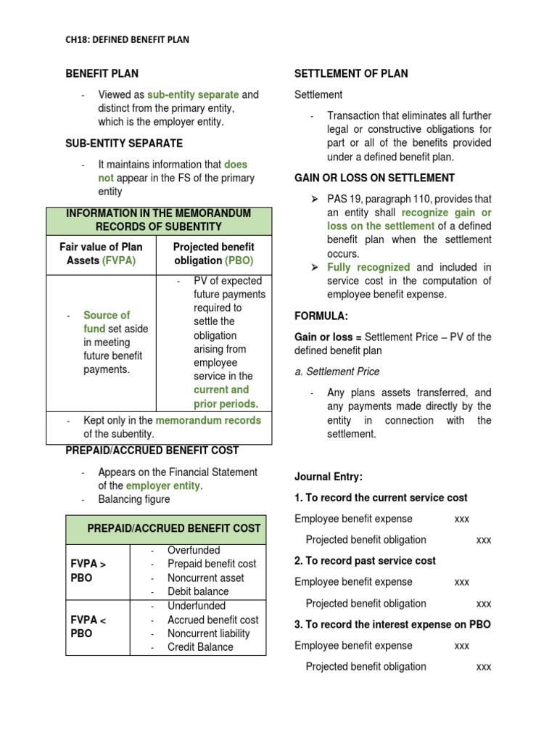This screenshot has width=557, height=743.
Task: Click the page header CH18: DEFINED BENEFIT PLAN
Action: click(x=128, y=40)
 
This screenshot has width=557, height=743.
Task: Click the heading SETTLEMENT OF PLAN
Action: click(x=350, y=73)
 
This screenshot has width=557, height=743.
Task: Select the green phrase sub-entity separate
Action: click(x=193, y=94)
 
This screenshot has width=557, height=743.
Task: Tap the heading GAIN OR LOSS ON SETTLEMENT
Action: click(x=374, y=178)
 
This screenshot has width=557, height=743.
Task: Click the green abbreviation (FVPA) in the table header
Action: click(x=119, y=260)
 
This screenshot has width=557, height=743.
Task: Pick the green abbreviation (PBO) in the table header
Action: click(x=239, y=260)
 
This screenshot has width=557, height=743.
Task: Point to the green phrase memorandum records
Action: click(x=208, y=420)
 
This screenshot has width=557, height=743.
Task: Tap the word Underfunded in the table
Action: click(x=197, y=605)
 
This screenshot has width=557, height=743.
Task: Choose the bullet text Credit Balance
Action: click(x=200, y=647)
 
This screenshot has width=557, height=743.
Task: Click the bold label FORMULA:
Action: click(x=321, y=316)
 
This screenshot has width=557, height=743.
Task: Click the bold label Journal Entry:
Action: click(x=328, y=477)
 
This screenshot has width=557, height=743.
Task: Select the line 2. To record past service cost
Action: click(x=365, y=561)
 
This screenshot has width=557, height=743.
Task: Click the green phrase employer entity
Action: click(x=164, y=485)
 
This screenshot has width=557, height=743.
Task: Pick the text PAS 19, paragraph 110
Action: click(x=382, y=199)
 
